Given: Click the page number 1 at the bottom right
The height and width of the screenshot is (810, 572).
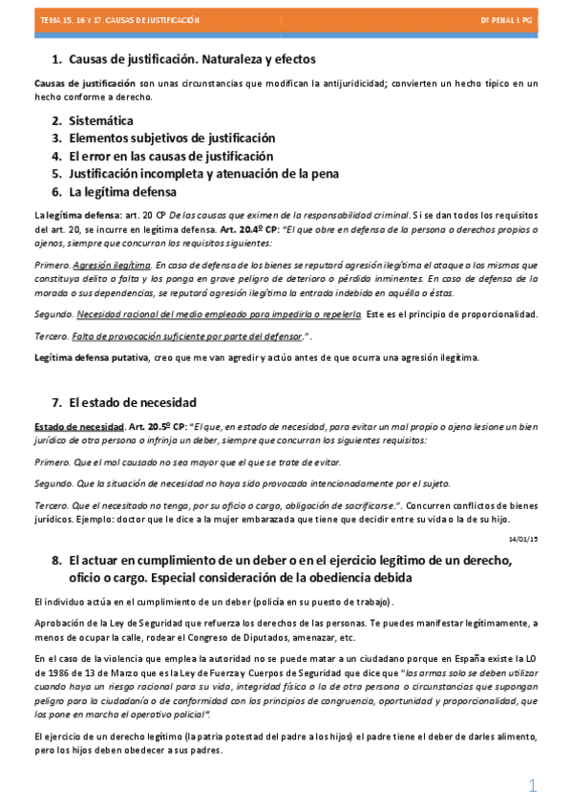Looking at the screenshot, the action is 533,785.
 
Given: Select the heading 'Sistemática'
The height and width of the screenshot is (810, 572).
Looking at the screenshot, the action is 101,120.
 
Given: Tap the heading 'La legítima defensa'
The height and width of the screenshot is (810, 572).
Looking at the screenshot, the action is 122,190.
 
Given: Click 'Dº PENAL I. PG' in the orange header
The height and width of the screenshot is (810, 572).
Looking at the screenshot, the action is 509,19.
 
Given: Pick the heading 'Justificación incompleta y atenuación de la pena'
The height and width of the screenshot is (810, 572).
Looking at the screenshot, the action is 203,173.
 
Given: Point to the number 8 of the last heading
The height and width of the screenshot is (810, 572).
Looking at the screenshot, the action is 56,561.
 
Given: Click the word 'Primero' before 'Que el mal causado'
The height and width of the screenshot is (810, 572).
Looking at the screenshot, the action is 52,461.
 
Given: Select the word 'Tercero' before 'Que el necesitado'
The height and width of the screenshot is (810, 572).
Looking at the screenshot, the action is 52,502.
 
